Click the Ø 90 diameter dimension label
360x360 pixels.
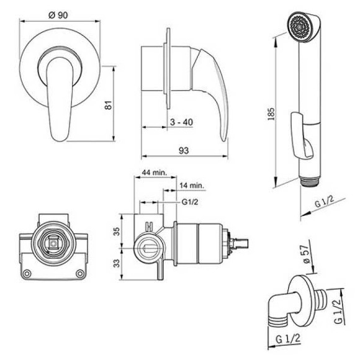[58, 15]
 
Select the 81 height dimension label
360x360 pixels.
[108, 105]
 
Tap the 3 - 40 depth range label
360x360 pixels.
[181, 122]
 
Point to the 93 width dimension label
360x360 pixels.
[184, 151]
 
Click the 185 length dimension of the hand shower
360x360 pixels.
[271, 114]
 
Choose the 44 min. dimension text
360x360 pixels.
[155, 173]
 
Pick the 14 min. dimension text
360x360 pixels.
[192, 186]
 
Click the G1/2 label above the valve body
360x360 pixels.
[190, 202]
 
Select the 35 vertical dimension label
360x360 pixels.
[117, 231]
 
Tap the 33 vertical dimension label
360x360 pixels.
[117, 263]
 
